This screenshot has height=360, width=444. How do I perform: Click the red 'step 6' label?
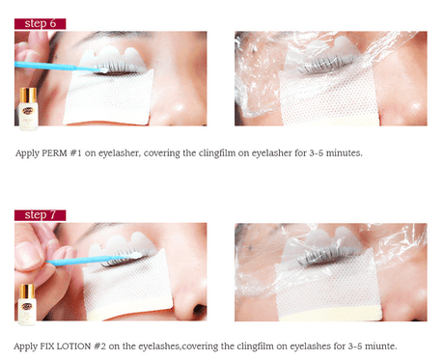coord(41,24)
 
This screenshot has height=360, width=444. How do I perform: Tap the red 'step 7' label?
coord(41,215)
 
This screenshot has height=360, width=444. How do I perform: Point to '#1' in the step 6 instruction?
coord(76,152)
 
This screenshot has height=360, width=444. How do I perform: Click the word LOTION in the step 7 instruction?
coord(73,346)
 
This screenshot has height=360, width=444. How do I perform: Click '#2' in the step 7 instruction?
coord(99,346)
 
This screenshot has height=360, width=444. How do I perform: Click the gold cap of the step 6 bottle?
coord(28,95)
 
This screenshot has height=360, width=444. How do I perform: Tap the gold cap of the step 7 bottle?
coord(27,291)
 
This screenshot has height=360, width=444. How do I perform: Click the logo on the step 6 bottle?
coord(28,111)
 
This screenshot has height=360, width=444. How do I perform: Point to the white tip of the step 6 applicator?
coord(103,69)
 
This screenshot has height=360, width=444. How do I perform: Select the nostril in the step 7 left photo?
coord(199,310)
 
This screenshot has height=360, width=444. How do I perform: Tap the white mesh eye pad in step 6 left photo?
coord(108,97)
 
